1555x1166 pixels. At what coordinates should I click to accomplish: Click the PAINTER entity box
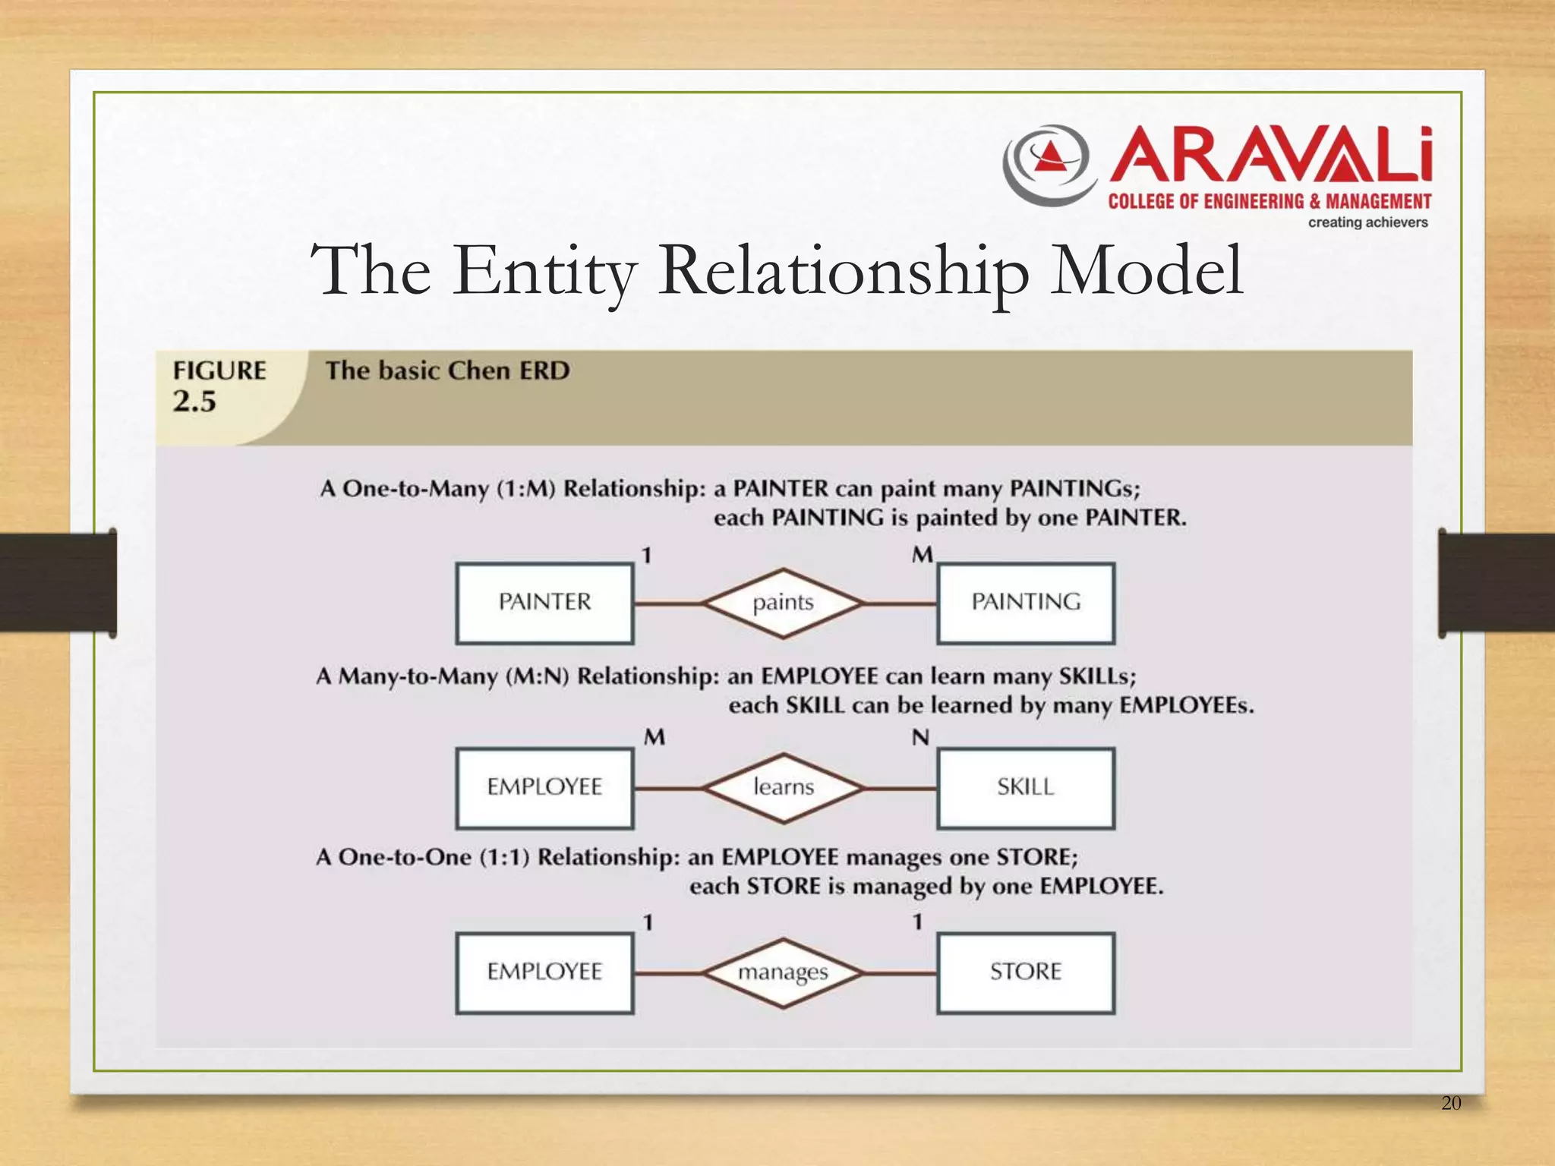(544, 603)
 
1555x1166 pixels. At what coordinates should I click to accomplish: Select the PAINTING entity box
(1026, 603)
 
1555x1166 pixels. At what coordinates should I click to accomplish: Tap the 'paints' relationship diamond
(783, 603)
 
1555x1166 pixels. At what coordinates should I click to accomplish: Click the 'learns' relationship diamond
(783, 787)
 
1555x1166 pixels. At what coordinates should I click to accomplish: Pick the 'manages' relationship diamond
(783, 972)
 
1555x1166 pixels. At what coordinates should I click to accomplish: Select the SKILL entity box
(1026, 787)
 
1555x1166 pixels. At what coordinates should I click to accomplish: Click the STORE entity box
(1026, 972)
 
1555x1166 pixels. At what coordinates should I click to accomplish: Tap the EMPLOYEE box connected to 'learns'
(544, 787)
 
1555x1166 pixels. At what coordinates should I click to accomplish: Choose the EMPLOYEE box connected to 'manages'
(544, 972)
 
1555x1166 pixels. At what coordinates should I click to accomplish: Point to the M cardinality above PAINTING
(923, 555)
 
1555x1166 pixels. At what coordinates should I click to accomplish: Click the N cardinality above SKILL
(920, 737)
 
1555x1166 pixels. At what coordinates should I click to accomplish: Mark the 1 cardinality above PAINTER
(647, 556)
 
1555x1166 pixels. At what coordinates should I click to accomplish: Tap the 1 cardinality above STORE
(917, 922)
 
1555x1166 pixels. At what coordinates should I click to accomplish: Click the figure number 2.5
(194, 402)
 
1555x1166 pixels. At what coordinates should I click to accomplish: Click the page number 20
(1450, 1103)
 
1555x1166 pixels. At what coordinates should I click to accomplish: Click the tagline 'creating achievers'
(1367, 222)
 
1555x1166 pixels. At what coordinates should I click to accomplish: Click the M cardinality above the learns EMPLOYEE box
(654, 737)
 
